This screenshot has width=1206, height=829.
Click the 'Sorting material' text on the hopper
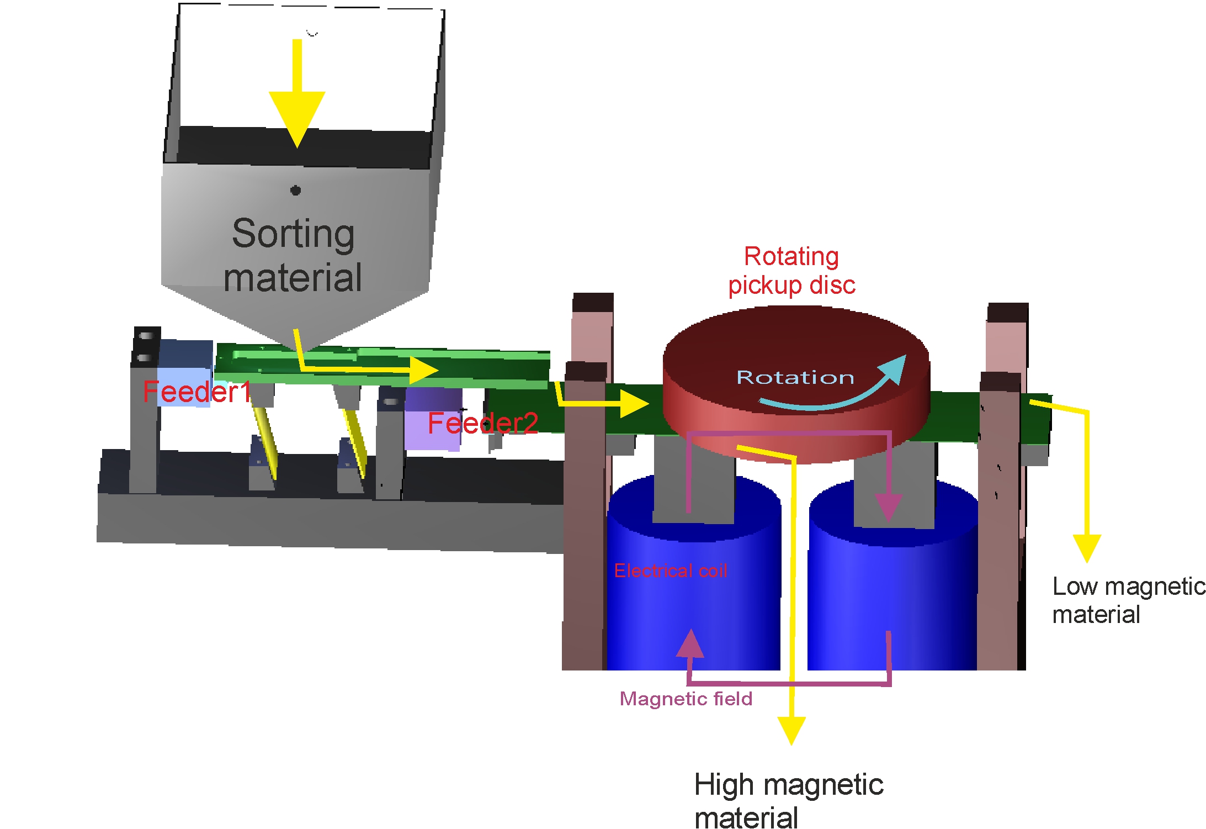pyautogui.click(x=293, y=255)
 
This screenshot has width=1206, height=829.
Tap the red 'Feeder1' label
pyautogui.click(x=196, y=392)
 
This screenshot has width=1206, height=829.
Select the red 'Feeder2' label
pyautogui.click(x=482, y=424)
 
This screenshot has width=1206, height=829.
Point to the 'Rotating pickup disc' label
pyautogui.click(x=791, y=271)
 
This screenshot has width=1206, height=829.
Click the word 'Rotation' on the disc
pyautogui.click(x=795, y=378)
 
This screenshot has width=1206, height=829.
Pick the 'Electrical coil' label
pyautogui.click(x=670, y=571)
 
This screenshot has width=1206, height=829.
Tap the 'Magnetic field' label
pyautogui.click(x=686, y=699)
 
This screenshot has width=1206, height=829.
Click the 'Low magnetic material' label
pyautogui.click(x=1128, y=600)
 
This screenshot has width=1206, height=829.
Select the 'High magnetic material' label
pyautogui.click(x=788, y=800)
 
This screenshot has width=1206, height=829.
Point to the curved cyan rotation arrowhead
pyautogui.click(x=894, y=368)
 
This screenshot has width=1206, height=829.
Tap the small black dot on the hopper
pyautogui.click(x=295, y=191)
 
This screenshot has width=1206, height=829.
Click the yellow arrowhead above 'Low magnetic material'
pyautogui.click(x=1086, y=547)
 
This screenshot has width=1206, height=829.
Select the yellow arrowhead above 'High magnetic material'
pyautogui.click(x=791, y=729)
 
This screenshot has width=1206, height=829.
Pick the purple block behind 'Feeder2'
pyautogui.click(x=433, y=419)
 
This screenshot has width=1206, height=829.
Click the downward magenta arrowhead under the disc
pyautogui.click(x=888, y=507)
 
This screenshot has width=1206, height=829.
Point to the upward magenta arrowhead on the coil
pyautogui.click(x=690, y=645)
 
